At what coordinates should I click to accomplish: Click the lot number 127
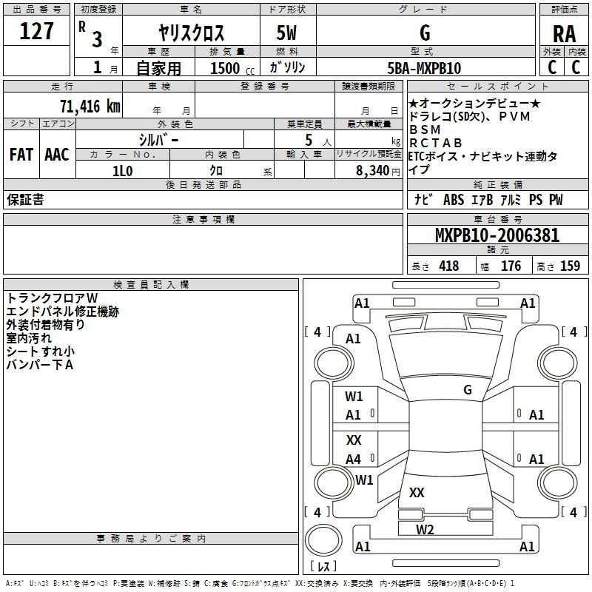[x=36, y=31]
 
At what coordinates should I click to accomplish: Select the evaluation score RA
[x=564, y=34]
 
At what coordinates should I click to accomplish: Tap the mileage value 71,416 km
[x=90, y=106]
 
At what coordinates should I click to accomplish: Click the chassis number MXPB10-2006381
[x=497, y=235]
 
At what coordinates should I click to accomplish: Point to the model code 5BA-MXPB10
[x=424, y=68]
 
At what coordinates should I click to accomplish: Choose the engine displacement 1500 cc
[x=232, y=68]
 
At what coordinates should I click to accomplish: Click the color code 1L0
[x=122, y=171]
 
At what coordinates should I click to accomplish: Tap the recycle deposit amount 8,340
[x=373, y=171]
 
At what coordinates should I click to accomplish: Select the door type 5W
[x=286, y=33]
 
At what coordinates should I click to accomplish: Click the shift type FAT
[x=21, y=155]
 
